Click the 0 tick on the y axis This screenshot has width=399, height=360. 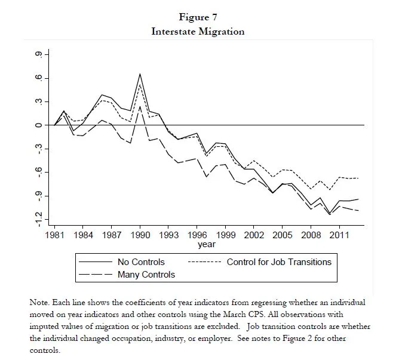(39, 125)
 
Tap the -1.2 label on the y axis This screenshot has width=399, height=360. (39, 219)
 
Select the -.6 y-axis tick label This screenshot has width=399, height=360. (39, 173)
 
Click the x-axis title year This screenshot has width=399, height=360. (207, 244)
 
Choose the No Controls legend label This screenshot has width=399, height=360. (141, 262)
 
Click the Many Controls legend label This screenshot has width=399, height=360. (146, 275)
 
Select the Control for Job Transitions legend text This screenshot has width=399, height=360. (279, 262)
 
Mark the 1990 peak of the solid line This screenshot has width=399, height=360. (140, 74)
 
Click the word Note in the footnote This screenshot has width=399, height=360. (39, 303)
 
